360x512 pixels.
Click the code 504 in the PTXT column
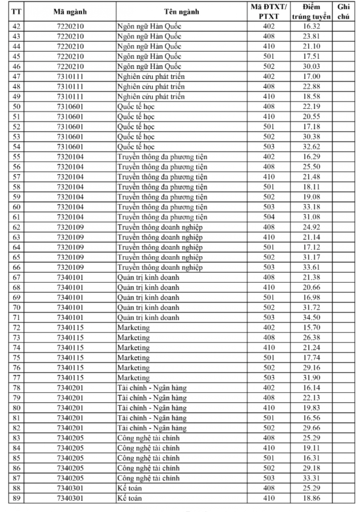[269, 217]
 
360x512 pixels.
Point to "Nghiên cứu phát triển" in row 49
[151, 96]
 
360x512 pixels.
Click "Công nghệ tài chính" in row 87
[148, 479]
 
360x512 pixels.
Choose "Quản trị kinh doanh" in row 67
[148, 277]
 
